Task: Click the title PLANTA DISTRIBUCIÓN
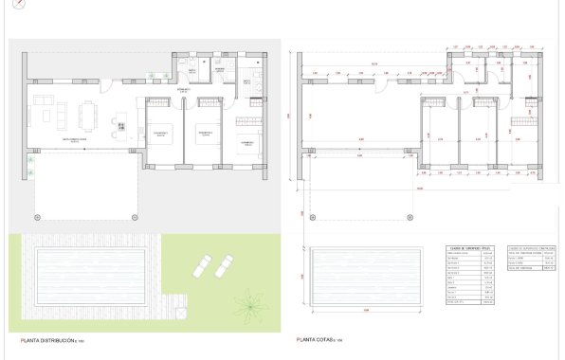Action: coord(55,339)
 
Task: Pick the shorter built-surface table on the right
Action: coord(530,259)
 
